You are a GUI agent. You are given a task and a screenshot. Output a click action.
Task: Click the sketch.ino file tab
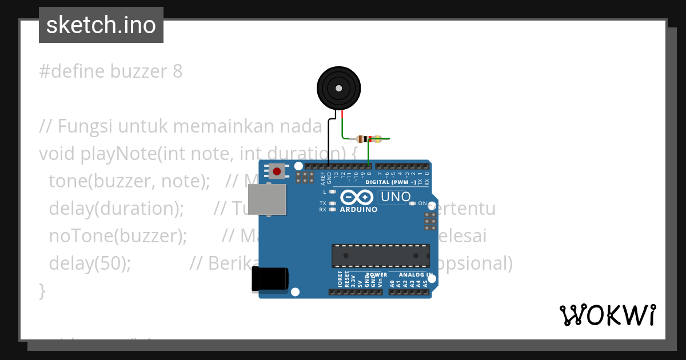[x=101, y=25]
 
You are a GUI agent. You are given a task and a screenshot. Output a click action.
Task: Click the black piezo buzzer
[x=339, y=88]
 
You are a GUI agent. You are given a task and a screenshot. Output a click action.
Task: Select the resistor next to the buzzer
[x=366, y=139]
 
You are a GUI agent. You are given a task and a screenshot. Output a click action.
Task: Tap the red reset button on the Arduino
[x=278, y=171]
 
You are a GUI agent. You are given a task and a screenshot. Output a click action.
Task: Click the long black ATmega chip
[x=381, y=255]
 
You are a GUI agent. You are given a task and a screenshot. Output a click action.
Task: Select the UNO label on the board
[x=394, y=197]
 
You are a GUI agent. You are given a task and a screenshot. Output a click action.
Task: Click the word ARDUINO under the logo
[x=358, y=210]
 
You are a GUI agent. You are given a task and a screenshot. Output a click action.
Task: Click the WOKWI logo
[x=607, y=315]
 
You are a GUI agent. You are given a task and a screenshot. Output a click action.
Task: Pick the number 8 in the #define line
[x=177, y=71]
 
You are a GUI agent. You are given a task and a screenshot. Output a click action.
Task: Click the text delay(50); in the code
[x=90, y=263]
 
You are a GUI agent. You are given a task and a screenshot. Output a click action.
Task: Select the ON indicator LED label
[x=423, y=203]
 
